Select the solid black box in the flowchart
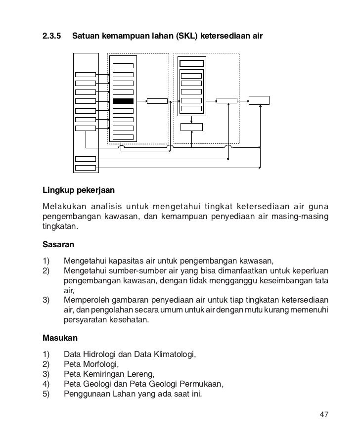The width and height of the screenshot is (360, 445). tap(123, 101)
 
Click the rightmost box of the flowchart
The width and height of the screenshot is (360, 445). tap(259, 100)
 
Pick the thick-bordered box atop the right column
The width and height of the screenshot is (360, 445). tap(191, 63)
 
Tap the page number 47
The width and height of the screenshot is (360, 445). tap(324, 414)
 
